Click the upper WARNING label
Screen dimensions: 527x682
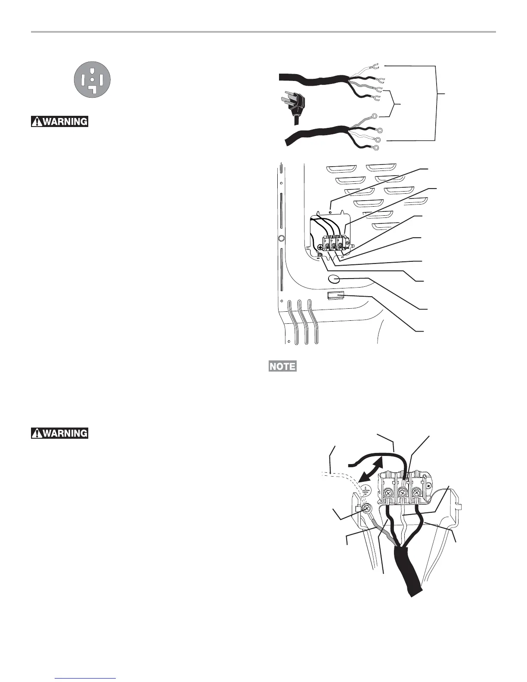pos(59,121)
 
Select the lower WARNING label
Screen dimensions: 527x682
pos(59,433)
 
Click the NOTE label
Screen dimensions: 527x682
pos(282,366)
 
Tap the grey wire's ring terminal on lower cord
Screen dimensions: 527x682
pos(374,116)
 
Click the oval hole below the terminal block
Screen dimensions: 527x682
pos(334,279)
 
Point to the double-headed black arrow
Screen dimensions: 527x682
pos(371,471)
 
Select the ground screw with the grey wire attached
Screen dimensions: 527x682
pos(367,510)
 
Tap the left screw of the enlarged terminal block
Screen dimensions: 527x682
pos(388,491)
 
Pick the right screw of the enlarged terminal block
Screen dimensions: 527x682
pos(417,491)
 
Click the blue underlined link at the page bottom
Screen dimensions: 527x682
pos(86,679)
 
